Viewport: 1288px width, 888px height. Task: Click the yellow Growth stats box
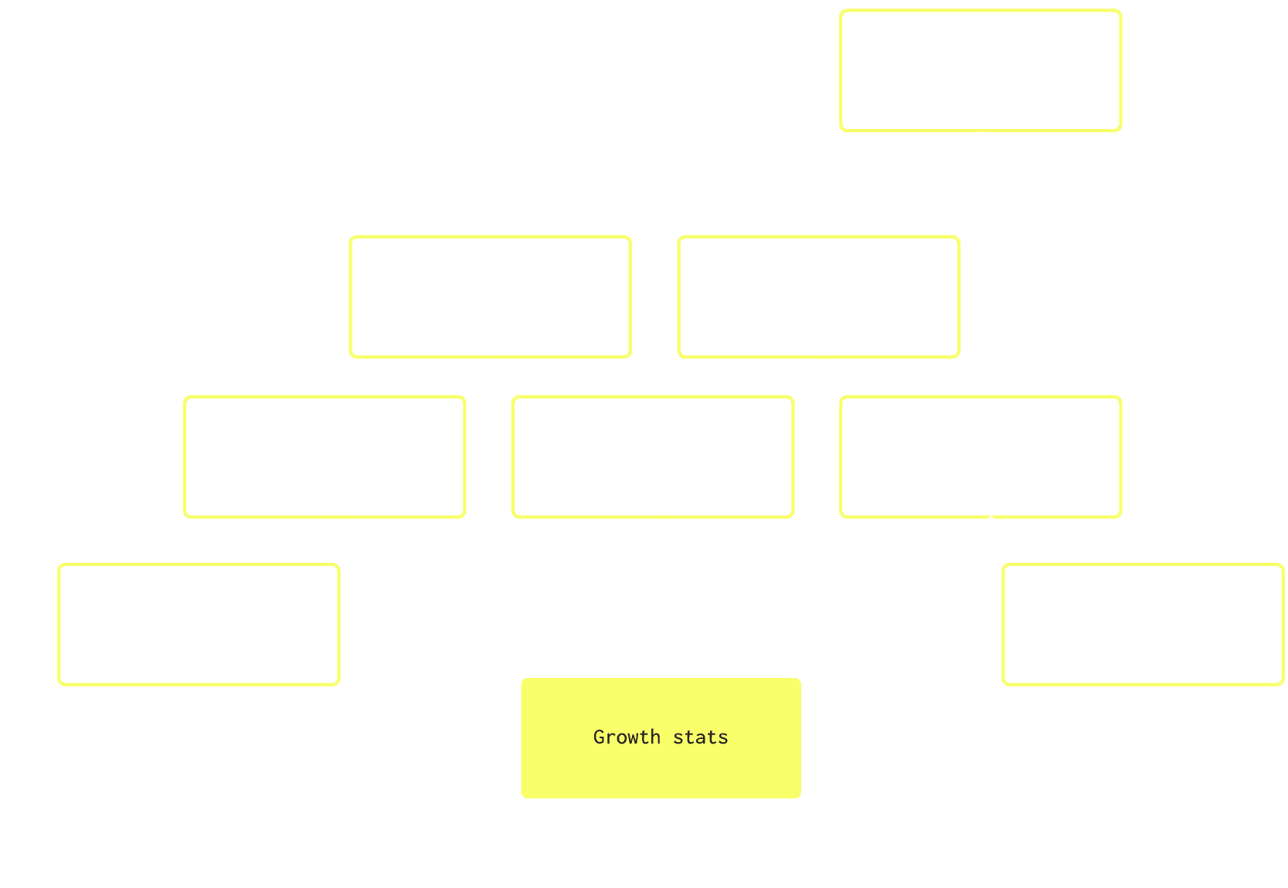pyautogui.click(x=661, y=738)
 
